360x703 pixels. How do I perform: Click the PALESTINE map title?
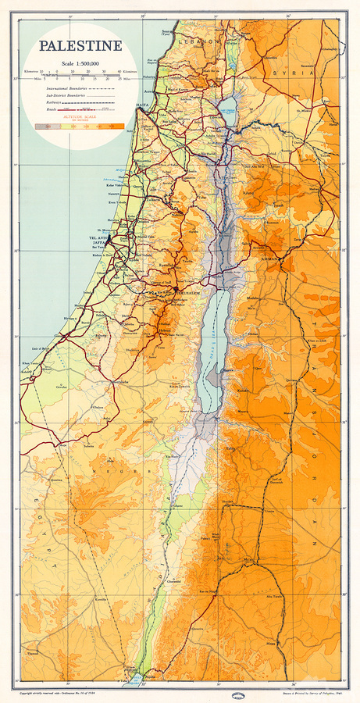pyautogui.click(x=81, y=46)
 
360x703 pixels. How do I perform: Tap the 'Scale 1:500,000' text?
pyautogui.click(x=81, y=62)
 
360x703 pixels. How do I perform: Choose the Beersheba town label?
pyautogui.click(x=117, y=382)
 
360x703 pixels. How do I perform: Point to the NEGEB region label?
pyautogui.click(x=105, y=472)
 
